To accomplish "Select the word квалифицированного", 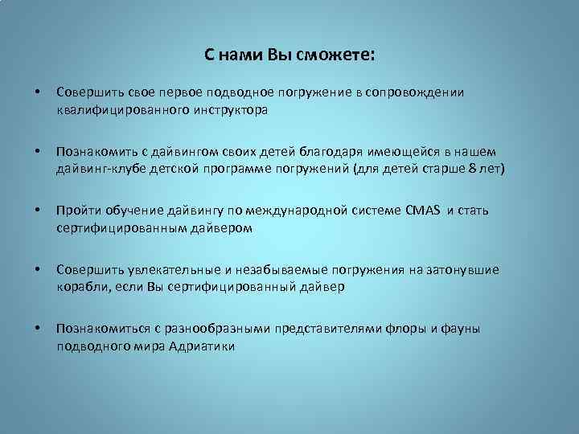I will [x=121, y=109].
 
